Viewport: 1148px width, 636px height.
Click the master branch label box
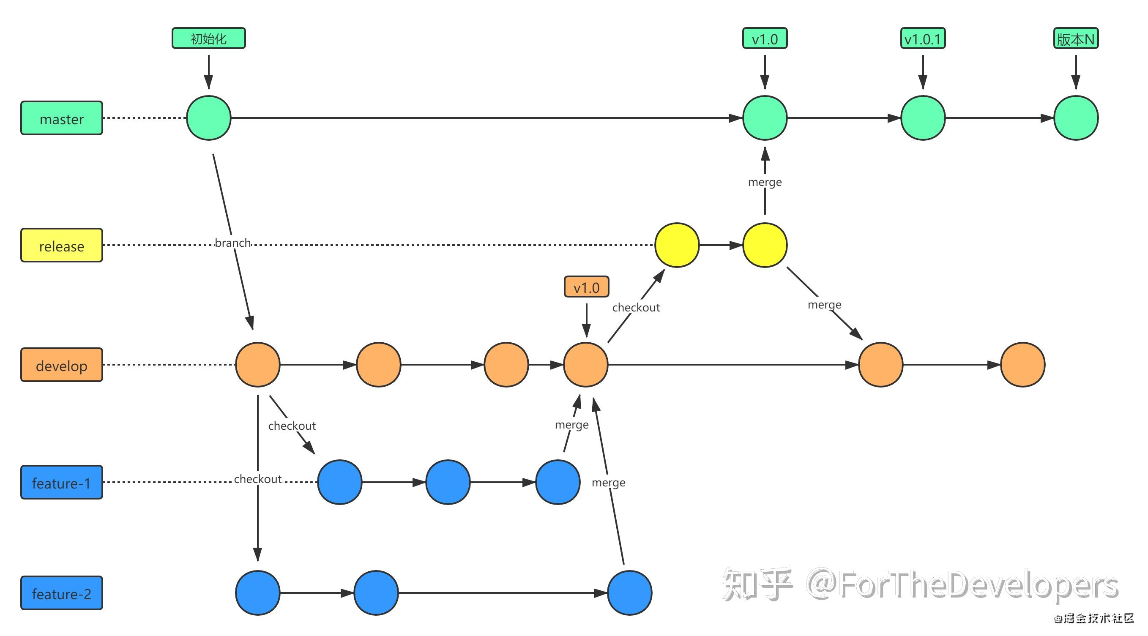click(x=62, y=118)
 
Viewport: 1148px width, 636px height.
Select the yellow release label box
click(x=62, y=245)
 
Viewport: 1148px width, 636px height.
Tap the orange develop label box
click(x=62, y=365)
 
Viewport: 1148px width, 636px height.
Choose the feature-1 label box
click(x=62, y=482)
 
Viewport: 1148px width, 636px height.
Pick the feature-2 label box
click(x=62, y=593)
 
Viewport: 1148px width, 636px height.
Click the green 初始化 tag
click(x=208, y=38)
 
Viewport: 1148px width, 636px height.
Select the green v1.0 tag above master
click(x=765, y=39)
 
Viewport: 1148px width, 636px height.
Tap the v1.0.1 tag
click(x=922, y=39)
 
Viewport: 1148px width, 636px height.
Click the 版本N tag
click(x=1075, y=39)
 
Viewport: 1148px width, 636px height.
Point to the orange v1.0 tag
click(x=587, y=287)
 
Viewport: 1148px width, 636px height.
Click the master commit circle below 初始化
click(x=208, y=118)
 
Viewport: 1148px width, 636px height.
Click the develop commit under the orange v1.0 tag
click(x=585, y=365)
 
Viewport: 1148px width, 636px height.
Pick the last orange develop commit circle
click(x=1023, y=365)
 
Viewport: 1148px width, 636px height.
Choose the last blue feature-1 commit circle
click(x=558, y=482)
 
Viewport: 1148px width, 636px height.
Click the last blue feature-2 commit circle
click(x=630, y=593)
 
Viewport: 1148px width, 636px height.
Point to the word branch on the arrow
click(x=232, y=243)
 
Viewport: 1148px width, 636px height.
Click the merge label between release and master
click(x=765, y=182)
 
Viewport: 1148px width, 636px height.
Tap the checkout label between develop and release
click(x=636, y=308)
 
